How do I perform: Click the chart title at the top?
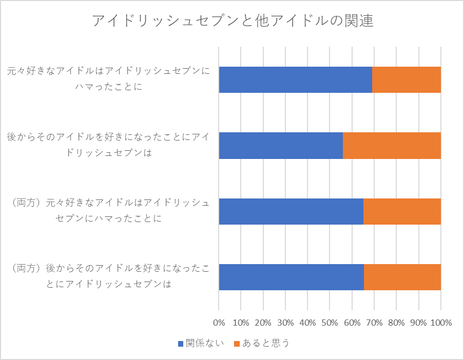(x=233, y=21)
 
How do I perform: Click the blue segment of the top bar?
(x=295, y=79)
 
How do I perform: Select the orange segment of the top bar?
(x=407, y=79)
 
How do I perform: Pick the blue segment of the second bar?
(x=281, y=146)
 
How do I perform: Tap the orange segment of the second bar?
(x=392, y=146)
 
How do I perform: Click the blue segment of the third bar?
(x=291, y=211)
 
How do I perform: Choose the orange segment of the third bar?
(x=402, y=211)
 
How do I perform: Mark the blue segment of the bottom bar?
(x=292, y=277)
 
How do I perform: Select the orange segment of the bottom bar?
(x=402, y=277)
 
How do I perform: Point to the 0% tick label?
(x=219, y=323)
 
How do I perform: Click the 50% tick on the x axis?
(x=330, y=323)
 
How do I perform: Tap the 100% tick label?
(x=441, y=323)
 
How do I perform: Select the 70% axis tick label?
(x=374, y=323)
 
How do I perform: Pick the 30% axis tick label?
(x=285, y=323)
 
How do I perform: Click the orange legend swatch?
(x=237, y=344)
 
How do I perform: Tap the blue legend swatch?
(x=181, y=344)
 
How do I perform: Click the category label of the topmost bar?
(x=108, y=78)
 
